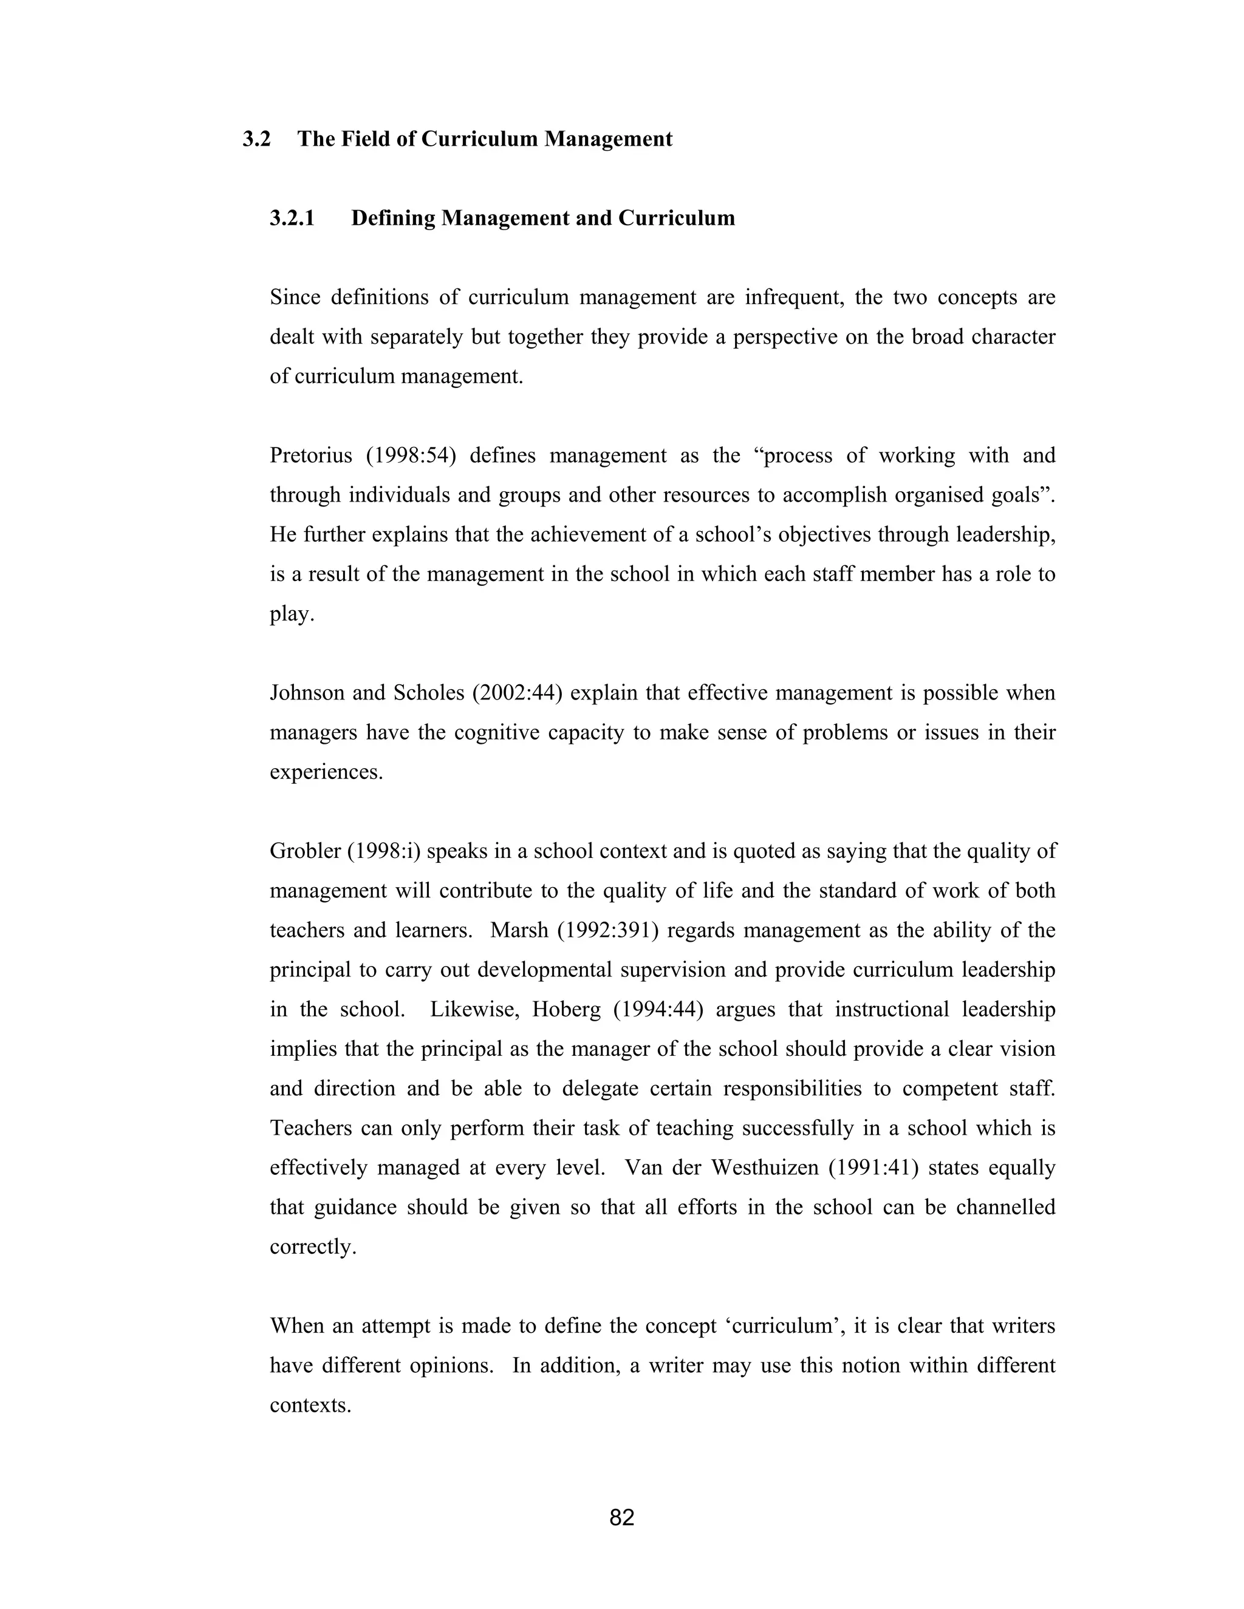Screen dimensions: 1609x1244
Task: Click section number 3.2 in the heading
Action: click(x=256, y=139)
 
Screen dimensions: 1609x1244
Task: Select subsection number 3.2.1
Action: click(x=292, y=218)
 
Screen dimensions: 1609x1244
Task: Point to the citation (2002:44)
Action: click(x=518, y=693)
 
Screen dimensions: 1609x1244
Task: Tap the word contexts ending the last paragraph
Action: click(x=310, y=1406)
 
